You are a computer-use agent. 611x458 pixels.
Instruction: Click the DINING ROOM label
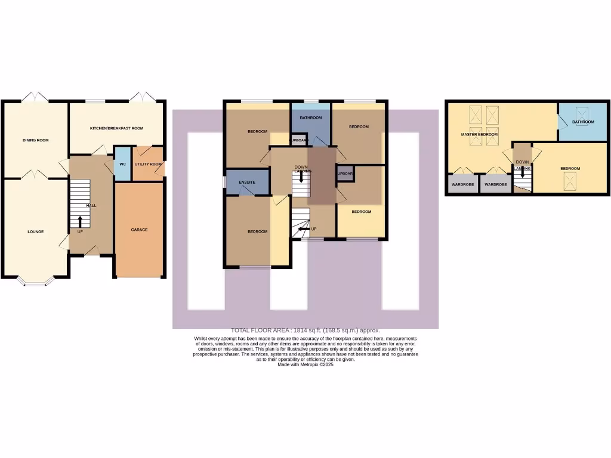pyautogui.click(x=35, y=140)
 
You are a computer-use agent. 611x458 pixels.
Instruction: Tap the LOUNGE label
pyautogui.click(x=35, y=231)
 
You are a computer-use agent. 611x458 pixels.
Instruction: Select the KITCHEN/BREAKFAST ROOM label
pyautogui.click(x=117, y=128)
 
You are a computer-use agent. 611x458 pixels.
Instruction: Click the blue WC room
pyautogui.click(x=122, y=164)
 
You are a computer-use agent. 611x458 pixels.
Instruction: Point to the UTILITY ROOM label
pyautogui.click(x=148, y=164)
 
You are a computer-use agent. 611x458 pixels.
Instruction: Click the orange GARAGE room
pyautogui.click(x=139, y=230)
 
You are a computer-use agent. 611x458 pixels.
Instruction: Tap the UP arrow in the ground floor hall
pyautogui.click(x=80, y=222)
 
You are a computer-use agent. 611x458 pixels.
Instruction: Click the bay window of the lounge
pyautogui.click(x=35, y=283)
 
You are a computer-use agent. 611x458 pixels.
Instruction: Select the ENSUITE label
pyautogui.click(x=247, y=182)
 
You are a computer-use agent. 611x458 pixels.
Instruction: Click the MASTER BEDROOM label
pyautogui.click(x=479, y=135)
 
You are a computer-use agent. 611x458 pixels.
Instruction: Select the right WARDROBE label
pyautogui.click(x=495, y=185)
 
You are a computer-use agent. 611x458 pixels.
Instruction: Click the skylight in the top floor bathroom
pyautogui.click(x=582, y=112)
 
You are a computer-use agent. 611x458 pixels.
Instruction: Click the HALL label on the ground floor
pyautogui.click(x=91, y=205)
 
